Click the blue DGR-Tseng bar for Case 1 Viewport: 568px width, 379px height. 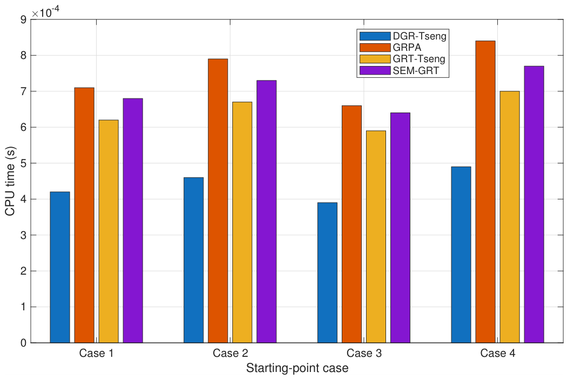pos(60,267)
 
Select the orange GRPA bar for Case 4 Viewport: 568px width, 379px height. pos(485,192)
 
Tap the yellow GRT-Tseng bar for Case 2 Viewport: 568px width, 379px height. pos(242,222)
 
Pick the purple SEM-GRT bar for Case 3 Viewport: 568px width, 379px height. pos(400,228)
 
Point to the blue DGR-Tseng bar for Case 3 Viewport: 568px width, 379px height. pos(328,272)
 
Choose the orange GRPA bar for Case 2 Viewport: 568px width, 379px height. pos(218,201)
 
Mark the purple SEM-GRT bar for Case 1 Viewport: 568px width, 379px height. pos(133,221)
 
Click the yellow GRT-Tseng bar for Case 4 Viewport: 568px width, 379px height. pos(510,217)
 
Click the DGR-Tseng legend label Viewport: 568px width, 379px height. pos(420,36)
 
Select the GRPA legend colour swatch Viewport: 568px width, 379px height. pos(375,48)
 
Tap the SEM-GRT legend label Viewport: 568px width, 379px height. pos(416,70)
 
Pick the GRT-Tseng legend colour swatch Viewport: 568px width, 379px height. pos(375,59)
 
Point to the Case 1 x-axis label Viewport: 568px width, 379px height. pos(96,353)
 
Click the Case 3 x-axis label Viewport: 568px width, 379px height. pos(364,353)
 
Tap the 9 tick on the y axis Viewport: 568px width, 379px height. pos(24,19)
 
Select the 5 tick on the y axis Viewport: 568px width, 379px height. pos(24,163)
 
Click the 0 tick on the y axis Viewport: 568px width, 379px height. pos(24,343)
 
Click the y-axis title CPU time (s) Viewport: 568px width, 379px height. pos(10,181)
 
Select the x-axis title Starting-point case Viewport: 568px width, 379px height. pos(297,368)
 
